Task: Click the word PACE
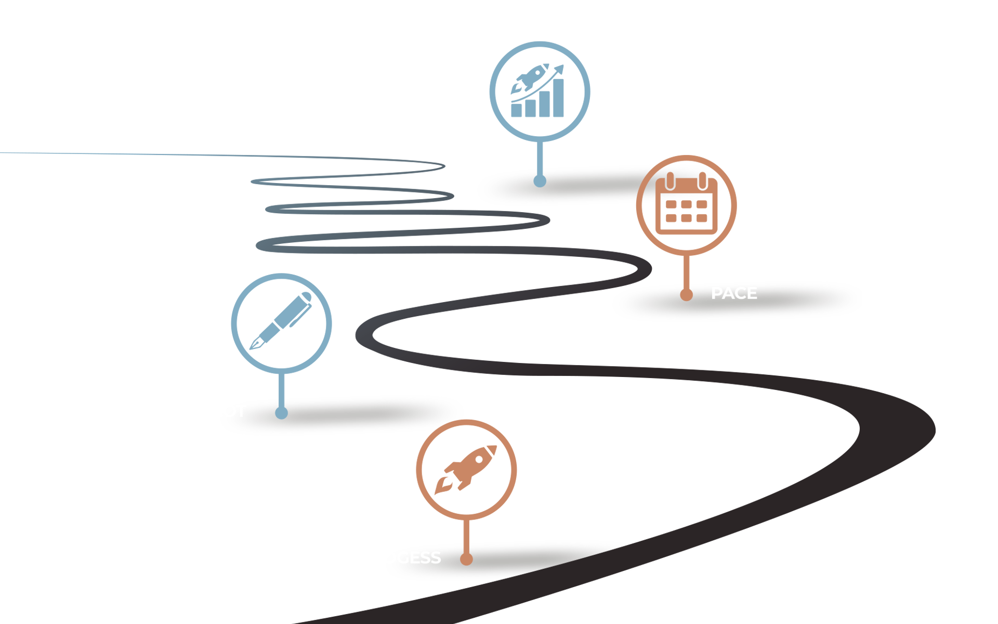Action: pyautogui.click(x=734, y=293)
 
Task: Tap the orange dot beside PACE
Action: pyautogui.click(x=686, y=295)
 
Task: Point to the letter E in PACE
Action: pyautogui.click(x=752, y=293)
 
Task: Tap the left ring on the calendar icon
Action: pyautogui.click(x=671, y=181)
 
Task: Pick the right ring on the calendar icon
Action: pyautogui.click(x=702, y=181)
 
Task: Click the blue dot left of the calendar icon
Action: pyautogui.click(x=540, y=181)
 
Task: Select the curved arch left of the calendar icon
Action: pyautogui.click(x=647, y=185)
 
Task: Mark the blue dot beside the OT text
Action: pyautogui.click(x=281, y=413)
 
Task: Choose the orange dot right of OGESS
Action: pyautogui.click(x=466, y=559)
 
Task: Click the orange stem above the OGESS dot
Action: pyautogui.click(x=466, y=547)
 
